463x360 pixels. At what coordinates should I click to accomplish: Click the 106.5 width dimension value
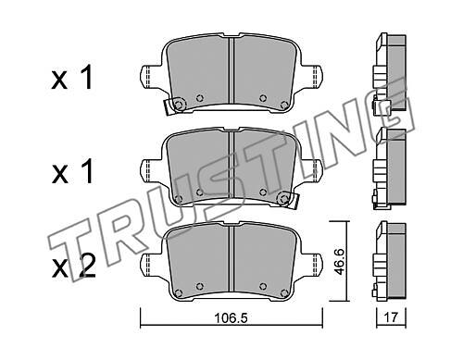[231, 317]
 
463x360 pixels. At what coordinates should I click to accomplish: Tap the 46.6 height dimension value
[340, 262]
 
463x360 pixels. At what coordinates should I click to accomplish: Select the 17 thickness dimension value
[391, 317]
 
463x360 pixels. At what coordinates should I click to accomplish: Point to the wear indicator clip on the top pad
[174, 106]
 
